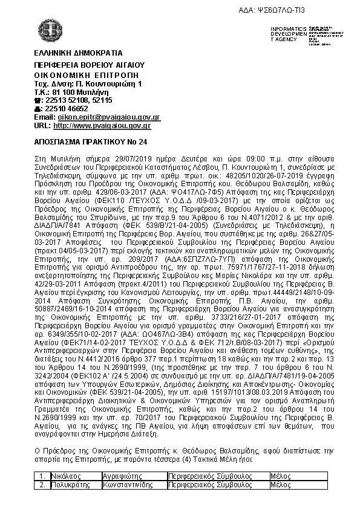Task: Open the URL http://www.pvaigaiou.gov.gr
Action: tap(102, 125)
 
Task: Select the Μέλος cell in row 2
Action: tap(280, 484)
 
